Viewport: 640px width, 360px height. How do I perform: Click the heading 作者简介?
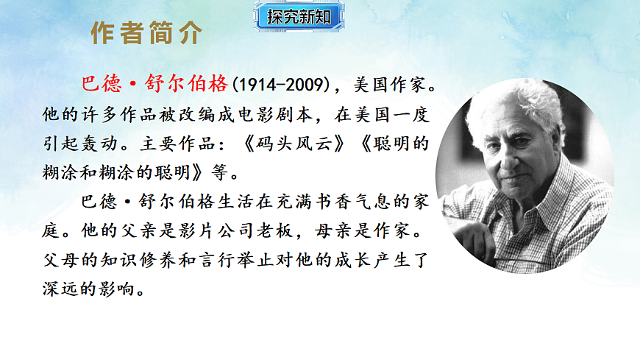(146, 33)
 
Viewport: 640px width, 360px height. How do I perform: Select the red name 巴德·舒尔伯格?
(156, 84)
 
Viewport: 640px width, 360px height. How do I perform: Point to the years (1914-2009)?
(280, 84)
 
